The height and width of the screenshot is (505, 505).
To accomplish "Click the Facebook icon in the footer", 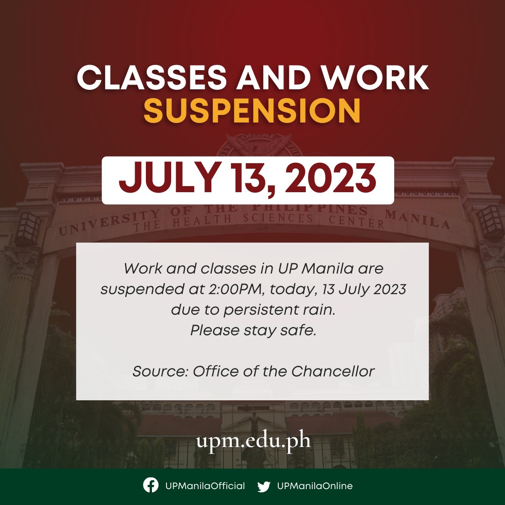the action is coord(151,485).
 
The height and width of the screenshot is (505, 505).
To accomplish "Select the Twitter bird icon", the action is coord(264,486).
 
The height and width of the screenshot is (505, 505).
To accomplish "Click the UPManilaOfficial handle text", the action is coord(205,486).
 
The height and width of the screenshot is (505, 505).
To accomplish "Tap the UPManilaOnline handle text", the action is coord(315,486).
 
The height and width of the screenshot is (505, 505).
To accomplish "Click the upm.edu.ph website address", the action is coord(253,441).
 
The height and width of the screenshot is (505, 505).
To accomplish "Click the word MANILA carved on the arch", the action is coord(418,219).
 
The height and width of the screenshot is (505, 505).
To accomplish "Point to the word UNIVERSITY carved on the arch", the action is coord(109,222).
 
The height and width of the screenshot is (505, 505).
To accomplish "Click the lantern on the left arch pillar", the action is coord(28,229).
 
